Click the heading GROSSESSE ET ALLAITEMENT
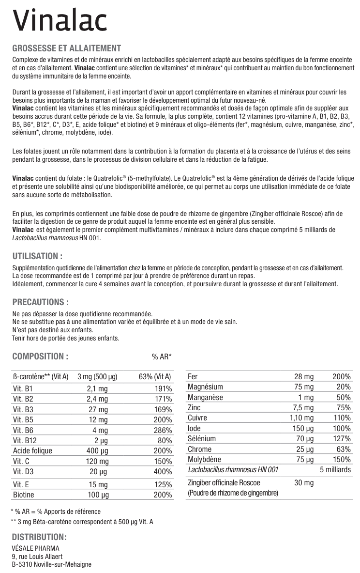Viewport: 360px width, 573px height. (x=66, y=48)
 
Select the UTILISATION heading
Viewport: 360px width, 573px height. (x=37, y=256)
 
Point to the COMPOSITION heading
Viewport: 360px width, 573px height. (x=40, y=356)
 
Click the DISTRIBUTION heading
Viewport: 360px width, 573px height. (x=39, y=537)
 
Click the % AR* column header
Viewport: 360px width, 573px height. (x=162, y=357)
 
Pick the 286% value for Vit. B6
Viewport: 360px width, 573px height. (x=163, y=430)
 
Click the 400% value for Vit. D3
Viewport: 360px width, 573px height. (x=163, y=472)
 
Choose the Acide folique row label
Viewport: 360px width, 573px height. (x=32, y=451)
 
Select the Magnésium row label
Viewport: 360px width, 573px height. (x=205, y=387)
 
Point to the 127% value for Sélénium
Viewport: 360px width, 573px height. (x=341, y=439)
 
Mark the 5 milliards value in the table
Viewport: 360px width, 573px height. (x=335, y=470)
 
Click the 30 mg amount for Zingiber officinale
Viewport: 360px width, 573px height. (x=304, y=482)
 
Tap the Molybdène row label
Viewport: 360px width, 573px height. (x=204, y=459)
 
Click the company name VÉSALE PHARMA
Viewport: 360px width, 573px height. (x=35, y=548)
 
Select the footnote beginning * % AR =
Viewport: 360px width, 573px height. (x=56, y=511)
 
